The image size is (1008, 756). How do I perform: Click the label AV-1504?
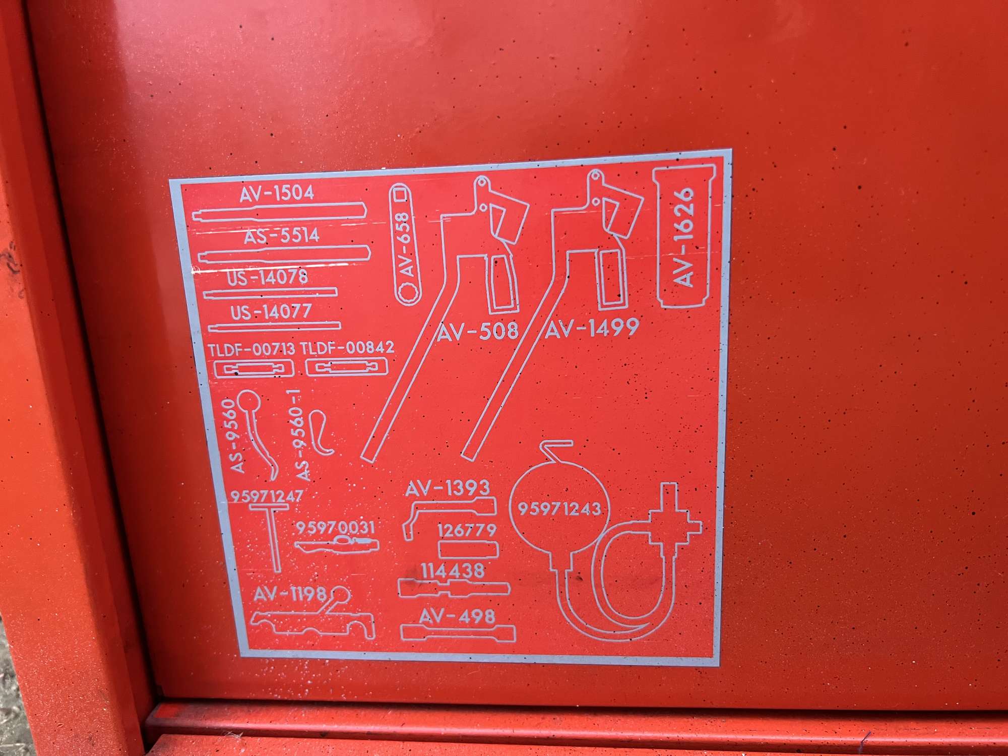[277, 194]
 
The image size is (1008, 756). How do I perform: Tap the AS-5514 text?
[282, 236]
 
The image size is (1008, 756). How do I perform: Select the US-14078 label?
[267, 277]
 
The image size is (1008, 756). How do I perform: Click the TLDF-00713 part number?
[251, 349]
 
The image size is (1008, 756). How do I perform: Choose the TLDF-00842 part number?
[347, 348]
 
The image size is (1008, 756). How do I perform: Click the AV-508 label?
[477, 331]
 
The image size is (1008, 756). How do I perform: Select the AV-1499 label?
[592, 329]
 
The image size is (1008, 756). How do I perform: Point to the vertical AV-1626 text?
[684, 237]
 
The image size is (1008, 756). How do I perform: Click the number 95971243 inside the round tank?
[559, 508]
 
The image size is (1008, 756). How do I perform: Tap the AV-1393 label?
[448, 487]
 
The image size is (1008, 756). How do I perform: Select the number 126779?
[467, 530]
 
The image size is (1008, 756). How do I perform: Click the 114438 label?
[453, 571]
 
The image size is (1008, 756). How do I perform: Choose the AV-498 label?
[457, 616]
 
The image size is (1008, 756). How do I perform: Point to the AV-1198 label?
[290, 594]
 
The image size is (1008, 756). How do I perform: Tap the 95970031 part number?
[335, 528]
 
